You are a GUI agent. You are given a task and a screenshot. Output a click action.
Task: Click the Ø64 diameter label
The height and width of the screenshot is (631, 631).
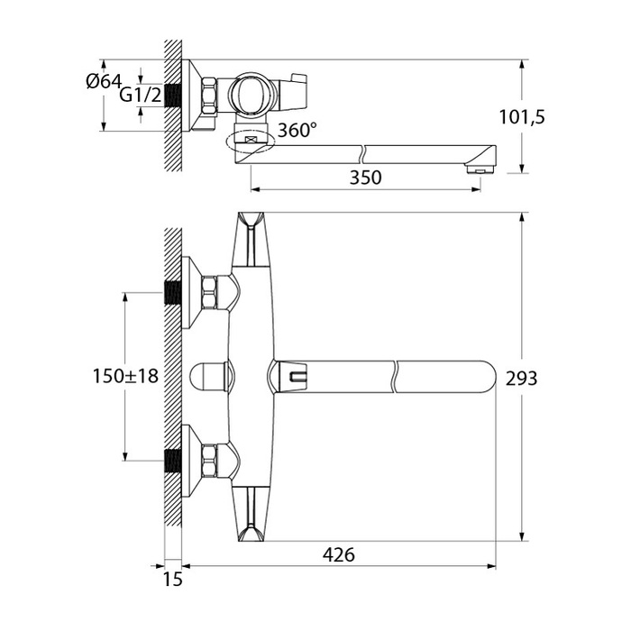click(x=104, y=82)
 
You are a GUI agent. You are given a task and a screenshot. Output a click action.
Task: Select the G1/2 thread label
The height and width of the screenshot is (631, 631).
click(x=141, y=95)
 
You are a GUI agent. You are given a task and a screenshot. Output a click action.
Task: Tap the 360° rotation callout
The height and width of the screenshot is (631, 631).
click(x=297, y=130)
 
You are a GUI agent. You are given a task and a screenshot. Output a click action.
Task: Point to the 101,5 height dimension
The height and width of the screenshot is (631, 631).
click(x=522, y=117)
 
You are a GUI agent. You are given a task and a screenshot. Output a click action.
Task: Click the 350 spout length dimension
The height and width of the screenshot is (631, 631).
click(x=365, y=178)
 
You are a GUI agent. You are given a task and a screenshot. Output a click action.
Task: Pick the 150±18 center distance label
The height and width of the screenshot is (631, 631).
click(x=125, y=376)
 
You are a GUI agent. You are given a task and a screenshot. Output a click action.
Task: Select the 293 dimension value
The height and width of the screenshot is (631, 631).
click(x=522, y=379)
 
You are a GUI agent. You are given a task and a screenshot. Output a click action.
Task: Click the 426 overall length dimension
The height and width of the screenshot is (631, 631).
click(x=339, y=555)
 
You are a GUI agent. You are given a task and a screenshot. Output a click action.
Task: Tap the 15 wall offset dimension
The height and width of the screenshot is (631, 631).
click(x=173, y=580)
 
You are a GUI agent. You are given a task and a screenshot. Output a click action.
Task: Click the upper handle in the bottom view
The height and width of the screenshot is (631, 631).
click(x=251, y=240)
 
